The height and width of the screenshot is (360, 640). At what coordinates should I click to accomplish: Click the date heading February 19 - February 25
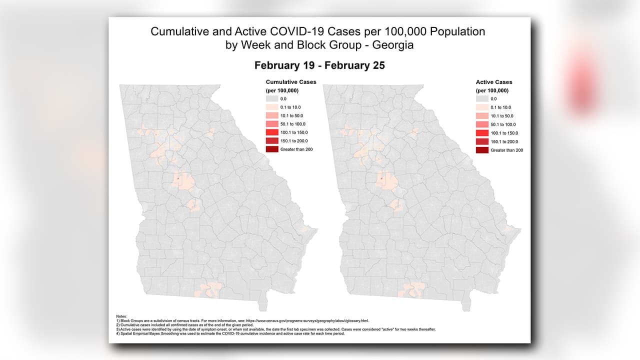[319, 65]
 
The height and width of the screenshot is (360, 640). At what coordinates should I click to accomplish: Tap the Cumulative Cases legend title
[291, 82]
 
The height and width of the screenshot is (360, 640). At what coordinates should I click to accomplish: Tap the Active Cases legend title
[494, 82]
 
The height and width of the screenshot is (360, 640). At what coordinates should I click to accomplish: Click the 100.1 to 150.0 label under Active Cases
[504, 133]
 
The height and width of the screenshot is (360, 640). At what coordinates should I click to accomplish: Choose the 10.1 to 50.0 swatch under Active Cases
[482, 116]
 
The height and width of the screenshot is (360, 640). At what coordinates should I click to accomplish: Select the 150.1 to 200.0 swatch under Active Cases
[482, 141]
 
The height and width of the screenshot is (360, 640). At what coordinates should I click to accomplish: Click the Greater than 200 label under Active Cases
[506, 150]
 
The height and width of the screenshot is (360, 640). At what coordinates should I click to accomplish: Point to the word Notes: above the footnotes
[121, 316]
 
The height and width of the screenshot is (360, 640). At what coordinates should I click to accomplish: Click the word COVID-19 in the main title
[301, 31]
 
